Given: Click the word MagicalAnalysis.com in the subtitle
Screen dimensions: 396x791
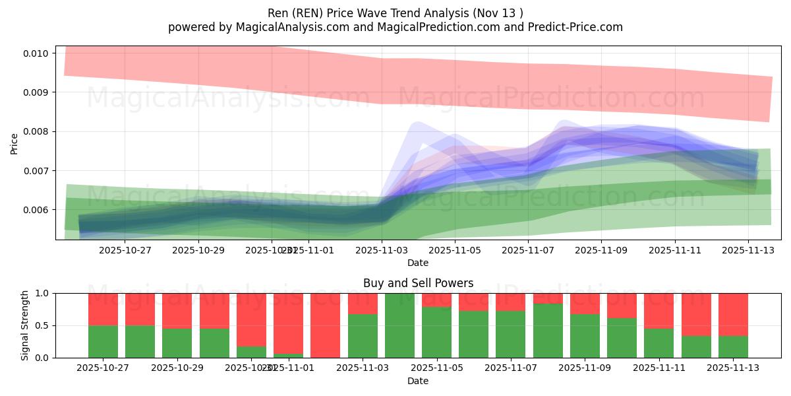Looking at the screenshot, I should pos(287,27).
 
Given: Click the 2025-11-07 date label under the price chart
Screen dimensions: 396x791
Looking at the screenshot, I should pos(528,250).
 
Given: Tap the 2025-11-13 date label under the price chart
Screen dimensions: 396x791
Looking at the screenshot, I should pos(747,250).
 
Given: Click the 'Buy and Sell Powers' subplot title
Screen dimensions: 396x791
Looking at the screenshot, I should pos(418,283).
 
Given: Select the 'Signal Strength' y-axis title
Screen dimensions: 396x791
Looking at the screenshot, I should pos(25,325).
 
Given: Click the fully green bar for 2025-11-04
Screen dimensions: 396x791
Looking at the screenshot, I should pos(399,325).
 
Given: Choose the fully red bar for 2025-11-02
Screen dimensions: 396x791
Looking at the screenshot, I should pos(325,325).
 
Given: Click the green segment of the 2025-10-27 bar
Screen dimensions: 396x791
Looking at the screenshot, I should pos(103,341).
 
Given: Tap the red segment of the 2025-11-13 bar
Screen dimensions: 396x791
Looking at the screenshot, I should pos(733,314).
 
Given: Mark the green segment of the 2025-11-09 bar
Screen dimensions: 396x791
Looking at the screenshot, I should pos(585,336).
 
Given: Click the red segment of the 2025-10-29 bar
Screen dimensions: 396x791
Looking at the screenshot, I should pos(177,310).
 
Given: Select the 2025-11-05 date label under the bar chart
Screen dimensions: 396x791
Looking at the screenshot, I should pos(436,368).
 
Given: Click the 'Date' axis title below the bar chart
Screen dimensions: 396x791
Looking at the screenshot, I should pos(418,381).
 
